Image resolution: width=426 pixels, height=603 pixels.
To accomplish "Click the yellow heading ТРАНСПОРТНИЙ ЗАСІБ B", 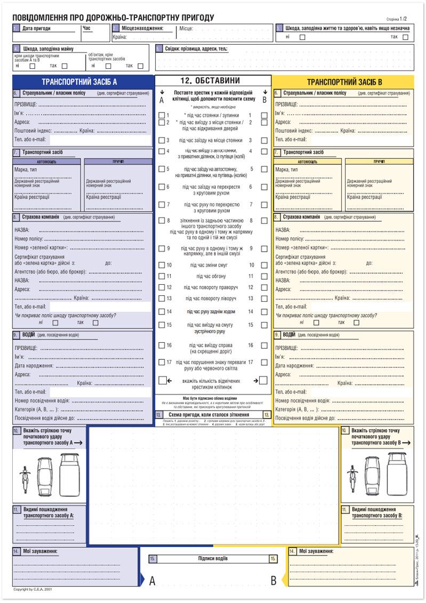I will pos(343,82).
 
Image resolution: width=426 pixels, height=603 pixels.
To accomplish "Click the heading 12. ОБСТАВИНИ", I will pos(213,81).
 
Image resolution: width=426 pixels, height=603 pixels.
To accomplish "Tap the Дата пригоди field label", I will pos(36,28).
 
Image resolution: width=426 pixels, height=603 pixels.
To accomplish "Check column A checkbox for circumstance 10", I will pos(162,265).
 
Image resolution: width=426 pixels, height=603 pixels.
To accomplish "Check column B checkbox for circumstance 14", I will pos(264,312).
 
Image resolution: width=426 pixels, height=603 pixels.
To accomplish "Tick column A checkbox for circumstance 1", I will pos(162,115).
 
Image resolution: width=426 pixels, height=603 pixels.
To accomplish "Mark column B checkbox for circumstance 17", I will pos(264,362).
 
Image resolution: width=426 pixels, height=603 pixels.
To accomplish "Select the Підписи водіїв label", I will pos(213,559).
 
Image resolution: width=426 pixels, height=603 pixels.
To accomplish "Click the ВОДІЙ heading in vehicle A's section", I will pos(28,335).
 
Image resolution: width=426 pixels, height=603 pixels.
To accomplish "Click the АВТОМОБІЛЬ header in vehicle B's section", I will pos(307,161).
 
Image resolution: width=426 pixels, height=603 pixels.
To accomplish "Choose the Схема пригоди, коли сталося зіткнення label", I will pos(213,414).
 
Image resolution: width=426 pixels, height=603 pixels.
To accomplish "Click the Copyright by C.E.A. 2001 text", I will pos(33,590).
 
